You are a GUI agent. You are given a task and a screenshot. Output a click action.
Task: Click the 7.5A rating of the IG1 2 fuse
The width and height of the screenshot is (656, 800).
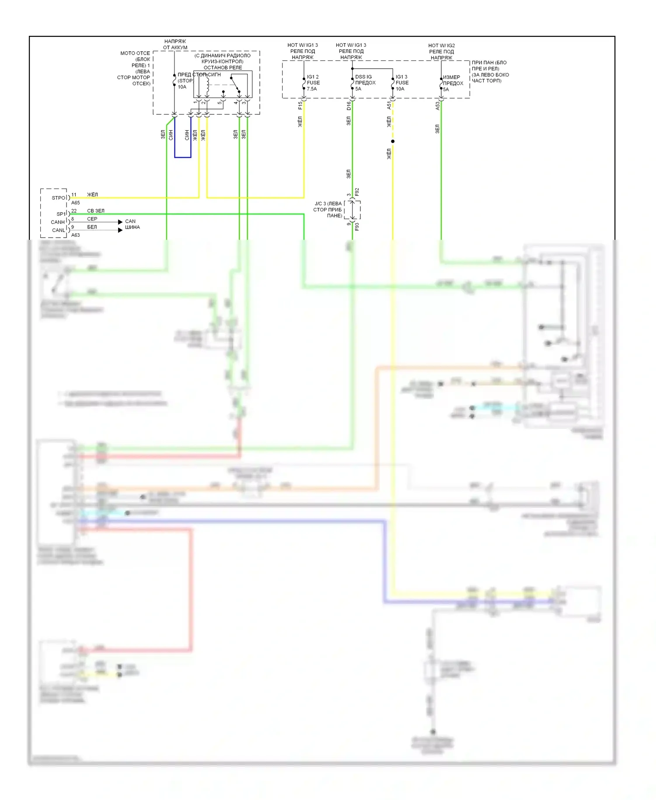pyautogui.click(x=312, y=89)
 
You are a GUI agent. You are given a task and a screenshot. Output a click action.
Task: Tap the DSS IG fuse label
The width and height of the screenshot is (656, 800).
pyautogui.click(x=363, y=77)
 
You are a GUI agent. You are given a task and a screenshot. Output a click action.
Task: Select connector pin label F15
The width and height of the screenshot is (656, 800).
pyautogui.click(x=300, y=105)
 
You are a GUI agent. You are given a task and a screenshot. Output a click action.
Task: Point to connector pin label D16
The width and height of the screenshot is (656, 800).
pyautogui.click(x=349, y=106)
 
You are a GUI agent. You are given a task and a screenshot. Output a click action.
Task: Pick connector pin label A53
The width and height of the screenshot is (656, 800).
pyautogui.click(x=437, y=105)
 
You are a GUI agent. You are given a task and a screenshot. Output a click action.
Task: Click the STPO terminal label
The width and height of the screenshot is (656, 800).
pyautogui.click(x=59, y=198)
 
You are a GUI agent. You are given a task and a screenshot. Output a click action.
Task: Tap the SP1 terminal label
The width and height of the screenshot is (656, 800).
pyautogui.click(x=61, y=214)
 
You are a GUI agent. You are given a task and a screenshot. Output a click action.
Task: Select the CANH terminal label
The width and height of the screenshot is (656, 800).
pyautogui.click(x=58, y=222)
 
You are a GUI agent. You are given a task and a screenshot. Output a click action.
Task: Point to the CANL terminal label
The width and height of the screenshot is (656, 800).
pyautogui.click(x=58, y=230)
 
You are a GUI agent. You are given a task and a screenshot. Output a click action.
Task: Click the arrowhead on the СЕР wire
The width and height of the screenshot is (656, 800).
pyautogui.click(x=120, y=222)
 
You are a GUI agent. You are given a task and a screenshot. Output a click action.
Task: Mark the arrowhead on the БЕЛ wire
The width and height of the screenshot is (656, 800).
pyautogui.click(x=120, y=230)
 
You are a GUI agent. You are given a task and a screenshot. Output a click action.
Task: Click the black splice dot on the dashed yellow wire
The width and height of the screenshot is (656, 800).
pyautogui.click(x=393, y=141)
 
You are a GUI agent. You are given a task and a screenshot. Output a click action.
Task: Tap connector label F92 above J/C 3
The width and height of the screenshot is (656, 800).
pyautogui.click(x=357, y=192)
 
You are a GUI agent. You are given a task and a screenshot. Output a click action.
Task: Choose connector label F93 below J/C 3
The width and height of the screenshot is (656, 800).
pyautogui.click(x=357, y=227)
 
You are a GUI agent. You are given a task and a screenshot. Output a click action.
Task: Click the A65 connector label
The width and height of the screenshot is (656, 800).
pyautogui.click(x=76, y=203)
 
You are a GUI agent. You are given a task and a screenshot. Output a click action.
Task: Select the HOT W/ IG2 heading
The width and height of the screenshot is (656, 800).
pyautogui.click(x=441, y=46)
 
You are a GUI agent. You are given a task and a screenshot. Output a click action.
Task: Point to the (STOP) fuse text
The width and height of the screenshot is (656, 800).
pyautogui.click(x=185, y=81)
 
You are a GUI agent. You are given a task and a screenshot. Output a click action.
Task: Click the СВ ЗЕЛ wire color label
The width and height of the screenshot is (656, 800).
pyautogui.click(x=96, y=211)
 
